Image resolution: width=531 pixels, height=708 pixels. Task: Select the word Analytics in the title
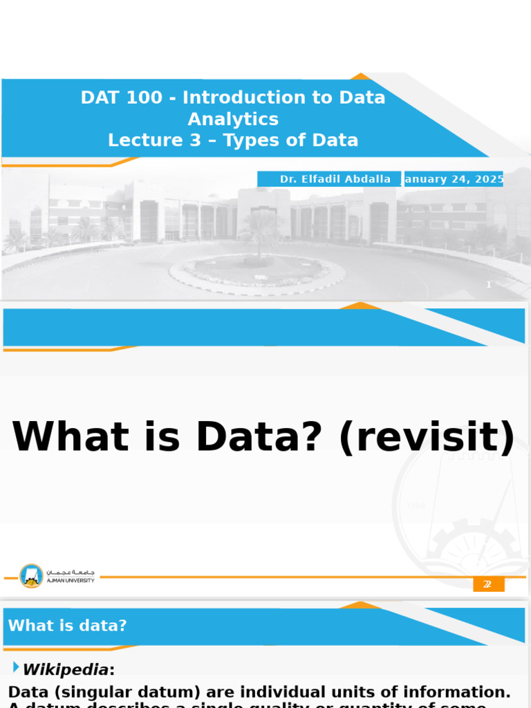pos(233,120)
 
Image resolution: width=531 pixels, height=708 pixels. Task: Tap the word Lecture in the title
pos(136,141)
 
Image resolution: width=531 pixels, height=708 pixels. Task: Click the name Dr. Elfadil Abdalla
pos(335,179)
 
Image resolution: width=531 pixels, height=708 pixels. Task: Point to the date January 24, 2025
pos(454,179)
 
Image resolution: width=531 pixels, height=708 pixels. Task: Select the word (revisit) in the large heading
pos(427,437)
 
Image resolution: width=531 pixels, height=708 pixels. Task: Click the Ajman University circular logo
pos(31,576)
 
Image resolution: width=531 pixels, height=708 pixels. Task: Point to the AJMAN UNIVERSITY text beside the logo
pos(70,581)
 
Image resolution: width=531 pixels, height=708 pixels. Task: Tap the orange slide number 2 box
pos(488,584)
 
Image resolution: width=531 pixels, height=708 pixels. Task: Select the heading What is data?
pos(67,626)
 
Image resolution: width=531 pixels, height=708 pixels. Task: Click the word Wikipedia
pos(65,670)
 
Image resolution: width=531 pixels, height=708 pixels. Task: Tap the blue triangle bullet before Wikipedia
pos(16,667)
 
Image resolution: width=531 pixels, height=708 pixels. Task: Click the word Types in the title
pos(253,141)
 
